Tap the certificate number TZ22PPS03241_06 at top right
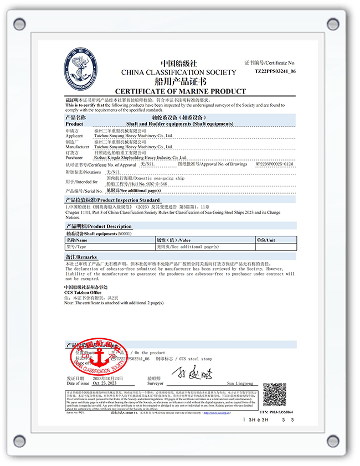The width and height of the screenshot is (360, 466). click(x=275, y=71)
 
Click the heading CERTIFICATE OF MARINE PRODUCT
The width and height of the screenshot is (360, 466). click(x=180, y=91)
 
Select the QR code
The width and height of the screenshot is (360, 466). click(x=274, y=394)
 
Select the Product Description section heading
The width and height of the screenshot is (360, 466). click(x=99, y=226)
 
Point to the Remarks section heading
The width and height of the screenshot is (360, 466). click(x=81, y=257)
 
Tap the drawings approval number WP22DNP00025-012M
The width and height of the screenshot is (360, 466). click(x=274, y=164)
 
